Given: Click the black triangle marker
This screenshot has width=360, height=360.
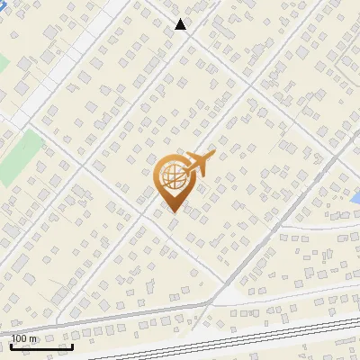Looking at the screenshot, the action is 181,24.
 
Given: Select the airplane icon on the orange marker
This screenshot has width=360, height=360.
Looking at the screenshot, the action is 198,165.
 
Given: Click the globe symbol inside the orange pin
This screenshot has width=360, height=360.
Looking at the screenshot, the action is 173,177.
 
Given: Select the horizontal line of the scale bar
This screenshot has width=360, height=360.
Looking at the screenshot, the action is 41,346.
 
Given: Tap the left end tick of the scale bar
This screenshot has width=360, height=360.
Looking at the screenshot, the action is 11,345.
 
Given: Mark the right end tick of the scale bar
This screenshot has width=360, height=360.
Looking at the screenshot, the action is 72,345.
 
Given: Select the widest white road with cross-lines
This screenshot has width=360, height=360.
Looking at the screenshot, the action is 63,63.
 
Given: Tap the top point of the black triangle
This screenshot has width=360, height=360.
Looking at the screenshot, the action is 181,19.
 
